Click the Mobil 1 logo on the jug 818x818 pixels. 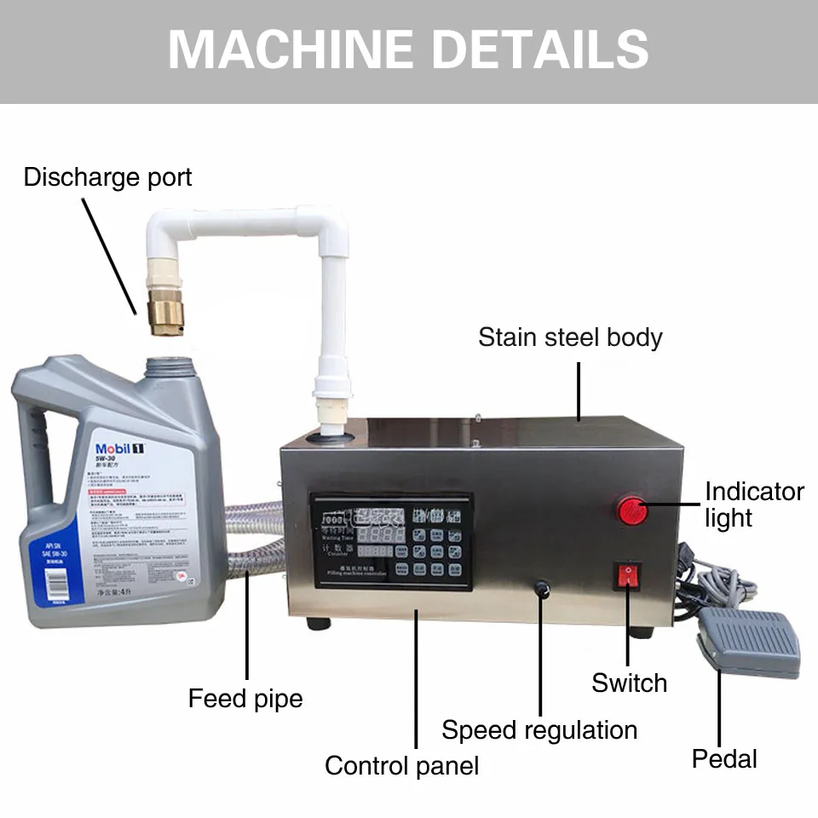point(120,449)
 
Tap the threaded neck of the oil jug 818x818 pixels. point(167,367)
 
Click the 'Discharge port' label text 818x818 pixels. point(107,177)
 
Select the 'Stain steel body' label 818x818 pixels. point(570,337)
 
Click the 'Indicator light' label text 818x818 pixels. point(753,504)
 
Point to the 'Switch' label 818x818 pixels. point(629,683)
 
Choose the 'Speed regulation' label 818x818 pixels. point(539,730)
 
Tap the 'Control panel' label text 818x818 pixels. point(401,765)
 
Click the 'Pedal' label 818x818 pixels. point(723,758)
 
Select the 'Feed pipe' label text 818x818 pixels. point(245,699)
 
